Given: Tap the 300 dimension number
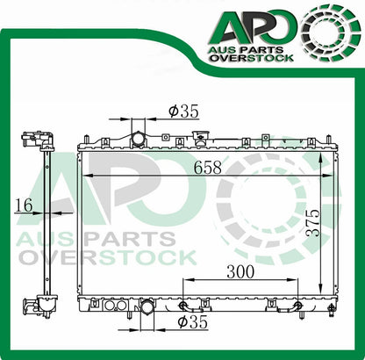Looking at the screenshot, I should pyautogui.click(x=240, y=272).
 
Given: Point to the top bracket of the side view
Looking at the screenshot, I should pyautogui.click(x=36, y=139).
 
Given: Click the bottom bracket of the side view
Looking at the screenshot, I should pyautogui.click(x=36, y=306).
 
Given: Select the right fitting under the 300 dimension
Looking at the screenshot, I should pyautogui.click(x=298, y=306).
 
